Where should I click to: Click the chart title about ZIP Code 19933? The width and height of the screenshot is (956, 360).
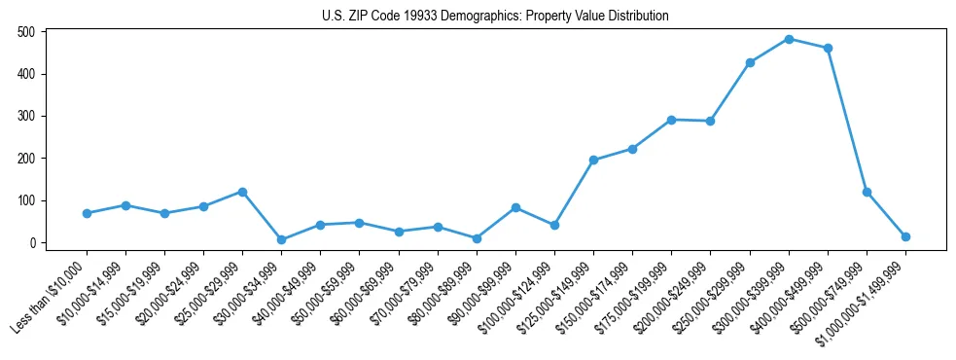tap(495, 16)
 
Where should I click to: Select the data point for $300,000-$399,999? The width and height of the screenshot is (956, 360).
tap(789, 39)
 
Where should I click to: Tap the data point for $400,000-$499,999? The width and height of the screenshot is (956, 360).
tap(828, 48)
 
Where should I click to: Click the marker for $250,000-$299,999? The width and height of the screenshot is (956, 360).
tap(750, 62)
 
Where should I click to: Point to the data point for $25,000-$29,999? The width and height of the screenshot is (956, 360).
tap(242, 192)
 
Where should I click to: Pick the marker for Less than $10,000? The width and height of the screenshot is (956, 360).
tap(87, 213)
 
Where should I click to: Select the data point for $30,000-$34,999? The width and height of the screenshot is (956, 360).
tap(281, 239)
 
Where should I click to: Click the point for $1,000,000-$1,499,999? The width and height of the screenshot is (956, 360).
tap(905, 236)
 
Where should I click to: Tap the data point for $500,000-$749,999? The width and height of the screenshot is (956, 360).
tap(867, 192)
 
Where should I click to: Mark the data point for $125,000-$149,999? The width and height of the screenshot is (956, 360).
tap(593, 160)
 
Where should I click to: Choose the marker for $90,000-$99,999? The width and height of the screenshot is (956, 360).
tap(515, 207)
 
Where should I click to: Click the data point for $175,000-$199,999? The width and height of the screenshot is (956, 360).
tap(671, 120)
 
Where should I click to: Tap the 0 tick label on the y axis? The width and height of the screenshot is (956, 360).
tap(32, 242)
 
